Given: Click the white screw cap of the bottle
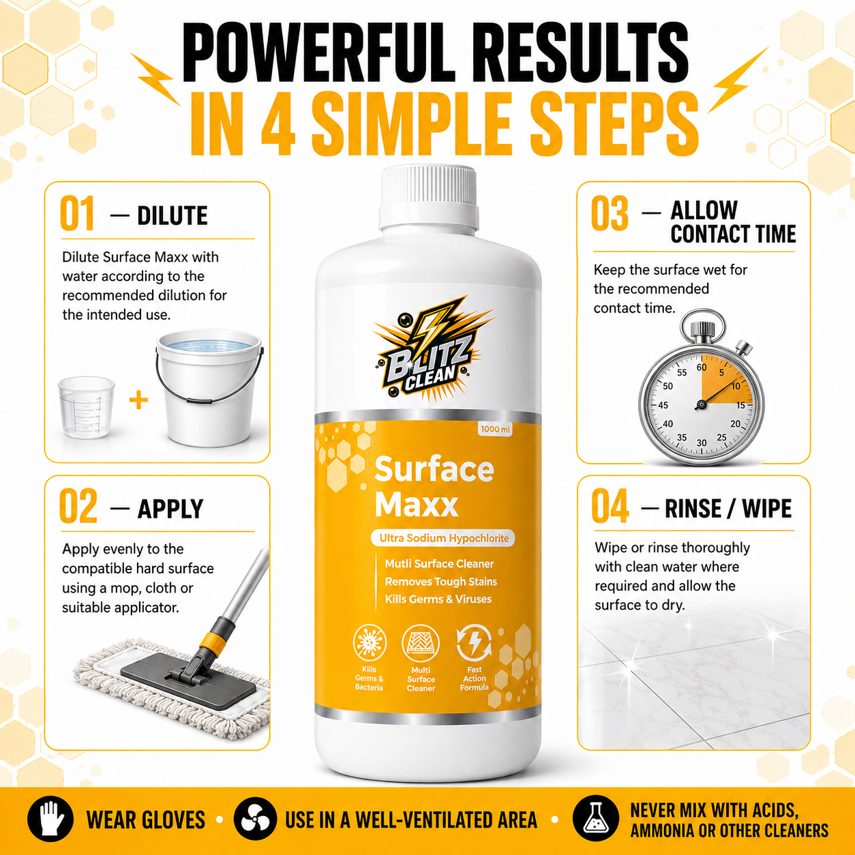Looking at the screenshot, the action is [429, 198].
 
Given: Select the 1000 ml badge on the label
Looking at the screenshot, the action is [495, 429].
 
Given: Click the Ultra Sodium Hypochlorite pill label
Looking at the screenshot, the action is [443, 538].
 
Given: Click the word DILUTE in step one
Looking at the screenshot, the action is [172, 215].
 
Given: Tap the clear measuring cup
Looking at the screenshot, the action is [86, 407].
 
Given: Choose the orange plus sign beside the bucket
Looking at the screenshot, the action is [138, 400].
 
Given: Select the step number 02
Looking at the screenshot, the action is [78, 507].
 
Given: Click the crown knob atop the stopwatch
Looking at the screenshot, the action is [702, 330].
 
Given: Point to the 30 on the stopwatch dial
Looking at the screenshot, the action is [702, 442].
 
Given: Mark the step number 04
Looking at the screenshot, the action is [610, 506].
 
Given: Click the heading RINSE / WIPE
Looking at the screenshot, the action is [728, 509].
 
